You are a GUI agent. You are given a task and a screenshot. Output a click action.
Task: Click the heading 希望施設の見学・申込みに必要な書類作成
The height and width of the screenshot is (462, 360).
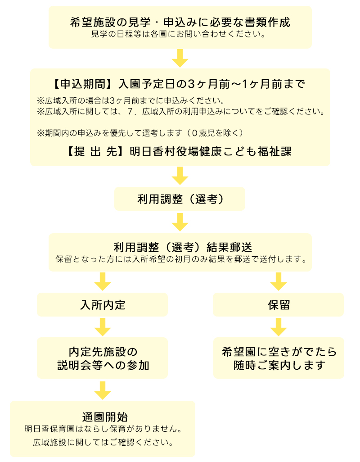180,22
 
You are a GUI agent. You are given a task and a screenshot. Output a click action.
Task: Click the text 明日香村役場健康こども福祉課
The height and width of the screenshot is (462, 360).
211,151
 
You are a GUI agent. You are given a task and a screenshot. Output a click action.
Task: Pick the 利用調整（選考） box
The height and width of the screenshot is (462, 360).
180,199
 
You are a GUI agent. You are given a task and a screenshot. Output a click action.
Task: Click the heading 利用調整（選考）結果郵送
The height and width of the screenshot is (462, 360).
183,247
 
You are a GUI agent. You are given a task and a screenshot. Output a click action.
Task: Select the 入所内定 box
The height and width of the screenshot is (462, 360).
102,305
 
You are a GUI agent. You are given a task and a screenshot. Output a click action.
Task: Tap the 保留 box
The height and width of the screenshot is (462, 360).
278,305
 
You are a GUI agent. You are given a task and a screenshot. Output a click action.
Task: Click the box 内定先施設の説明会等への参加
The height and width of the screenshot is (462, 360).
102,358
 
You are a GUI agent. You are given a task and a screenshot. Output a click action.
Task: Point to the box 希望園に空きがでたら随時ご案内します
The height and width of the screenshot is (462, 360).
279,358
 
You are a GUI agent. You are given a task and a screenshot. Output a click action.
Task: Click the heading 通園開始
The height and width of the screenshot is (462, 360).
105,417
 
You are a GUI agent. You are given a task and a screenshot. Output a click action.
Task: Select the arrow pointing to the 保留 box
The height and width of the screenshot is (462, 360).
279,282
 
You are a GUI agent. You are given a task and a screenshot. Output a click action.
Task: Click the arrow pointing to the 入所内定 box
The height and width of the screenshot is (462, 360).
103,282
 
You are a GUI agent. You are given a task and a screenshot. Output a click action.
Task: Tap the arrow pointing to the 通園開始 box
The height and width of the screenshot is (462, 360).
103,390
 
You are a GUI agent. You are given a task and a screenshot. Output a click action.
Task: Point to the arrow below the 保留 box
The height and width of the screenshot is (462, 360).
279,327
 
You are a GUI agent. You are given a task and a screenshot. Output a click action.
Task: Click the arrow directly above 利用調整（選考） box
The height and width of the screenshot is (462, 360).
180,176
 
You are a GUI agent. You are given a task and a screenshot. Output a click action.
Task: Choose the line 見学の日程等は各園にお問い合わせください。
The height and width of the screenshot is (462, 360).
178,34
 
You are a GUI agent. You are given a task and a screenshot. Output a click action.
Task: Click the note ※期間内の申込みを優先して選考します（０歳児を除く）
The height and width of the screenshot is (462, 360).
140,133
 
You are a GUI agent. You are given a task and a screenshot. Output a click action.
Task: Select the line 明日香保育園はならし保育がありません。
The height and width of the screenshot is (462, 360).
103,429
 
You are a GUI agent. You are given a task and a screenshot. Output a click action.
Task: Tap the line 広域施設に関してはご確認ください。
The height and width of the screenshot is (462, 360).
103,442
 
